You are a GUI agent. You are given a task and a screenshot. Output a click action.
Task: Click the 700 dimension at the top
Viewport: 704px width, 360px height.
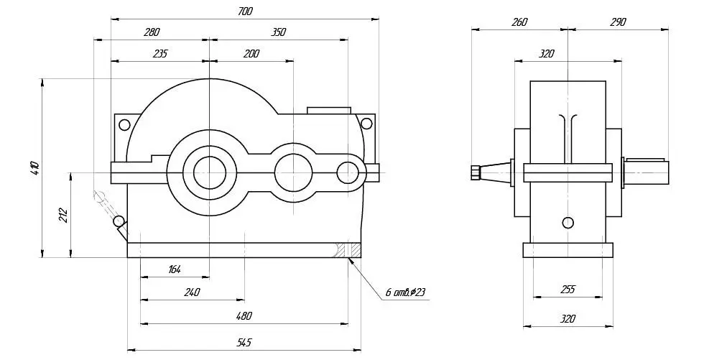pos(245,11)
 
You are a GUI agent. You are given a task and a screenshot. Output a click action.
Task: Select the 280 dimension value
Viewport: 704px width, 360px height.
pos(152,32)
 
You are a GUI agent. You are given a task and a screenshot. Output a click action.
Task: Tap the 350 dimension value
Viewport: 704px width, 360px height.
pos(278,32)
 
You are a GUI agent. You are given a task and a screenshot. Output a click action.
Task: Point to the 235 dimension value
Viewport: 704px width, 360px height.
pos(159,54)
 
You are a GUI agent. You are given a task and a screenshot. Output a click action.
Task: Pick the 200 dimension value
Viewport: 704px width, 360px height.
pos(251,54)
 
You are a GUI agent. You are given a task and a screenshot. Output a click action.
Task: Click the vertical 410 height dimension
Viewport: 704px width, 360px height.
pos(36,168)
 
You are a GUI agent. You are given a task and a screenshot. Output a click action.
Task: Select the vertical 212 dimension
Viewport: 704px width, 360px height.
pos(63,215)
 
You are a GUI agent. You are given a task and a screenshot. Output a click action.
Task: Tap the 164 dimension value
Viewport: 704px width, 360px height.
pos(174,269)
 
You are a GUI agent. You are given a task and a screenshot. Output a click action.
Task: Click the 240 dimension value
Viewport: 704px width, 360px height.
pos(192,292)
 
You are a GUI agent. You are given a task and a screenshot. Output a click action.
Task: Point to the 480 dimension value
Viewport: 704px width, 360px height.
pos(244,315)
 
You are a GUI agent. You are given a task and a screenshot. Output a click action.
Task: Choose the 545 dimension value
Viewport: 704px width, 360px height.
pos(244,343)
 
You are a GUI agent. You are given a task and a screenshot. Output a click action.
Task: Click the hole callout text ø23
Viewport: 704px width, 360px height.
pos(418,292)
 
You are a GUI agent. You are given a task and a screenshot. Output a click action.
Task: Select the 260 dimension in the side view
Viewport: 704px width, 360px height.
pos(519,22)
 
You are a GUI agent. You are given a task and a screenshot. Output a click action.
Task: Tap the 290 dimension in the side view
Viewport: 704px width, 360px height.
pos(618,22)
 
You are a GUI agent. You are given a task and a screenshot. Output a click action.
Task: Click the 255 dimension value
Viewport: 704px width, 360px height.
pos(568,290)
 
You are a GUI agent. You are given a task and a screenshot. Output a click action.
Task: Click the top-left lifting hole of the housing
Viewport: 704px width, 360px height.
pos(124,124)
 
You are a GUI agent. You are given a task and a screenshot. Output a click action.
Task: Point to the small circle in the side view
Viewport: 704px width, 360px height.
pos(568,222)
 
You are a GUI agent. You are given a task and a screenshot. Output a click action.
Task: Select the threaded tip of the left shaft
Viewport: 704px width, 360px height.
pos(476,173)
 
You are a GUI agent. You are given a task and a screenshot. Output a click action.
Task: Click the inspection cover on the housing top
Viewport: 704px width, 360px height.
pos(329,111)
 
